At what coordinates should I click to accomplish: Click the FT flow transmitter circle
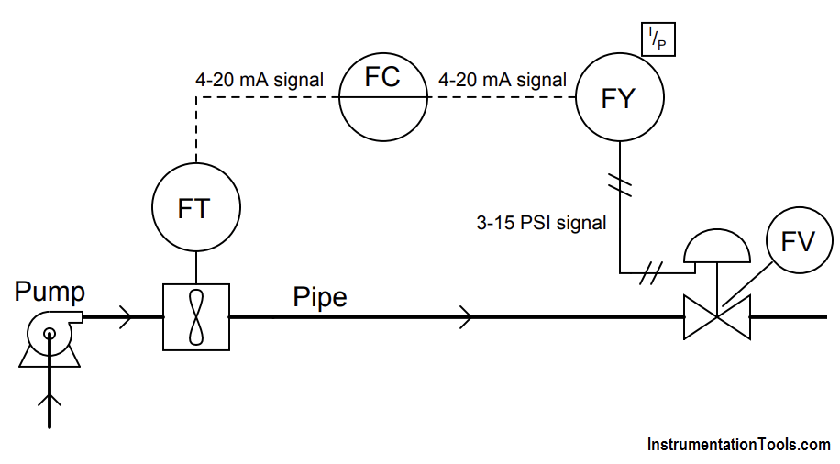tap(195, 208)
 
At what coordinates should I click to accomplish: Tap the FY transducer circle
tap(619, 98)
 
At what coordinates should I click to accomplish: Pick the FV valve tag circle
tap(797, 241)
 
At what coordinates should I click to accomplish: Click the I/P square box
tap(658, 38)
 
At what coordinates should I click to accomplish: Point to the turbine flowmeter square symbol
tap(195, 316)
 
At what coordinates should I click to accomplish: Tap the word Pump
tap(50, 292)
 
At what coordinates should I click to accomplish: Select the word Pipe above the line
tap(320, 297)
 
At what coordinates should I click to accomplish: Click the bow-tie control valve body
tap(717, 317)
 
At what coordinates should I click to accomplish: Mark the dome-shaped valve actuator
tap(717, 245)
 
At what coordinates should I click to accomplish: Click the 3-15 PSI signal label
tap(541, 222)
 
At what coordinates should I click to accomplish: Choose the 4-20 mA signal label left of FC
tap(260, 80)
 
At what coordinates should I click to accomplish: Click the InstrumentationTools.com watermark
tap(739, 445)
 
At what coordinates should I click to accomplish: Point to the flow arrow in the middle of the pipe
tap(467, 318)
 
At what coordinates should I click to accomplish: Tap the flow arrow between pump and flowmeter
tap(125, 318)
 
